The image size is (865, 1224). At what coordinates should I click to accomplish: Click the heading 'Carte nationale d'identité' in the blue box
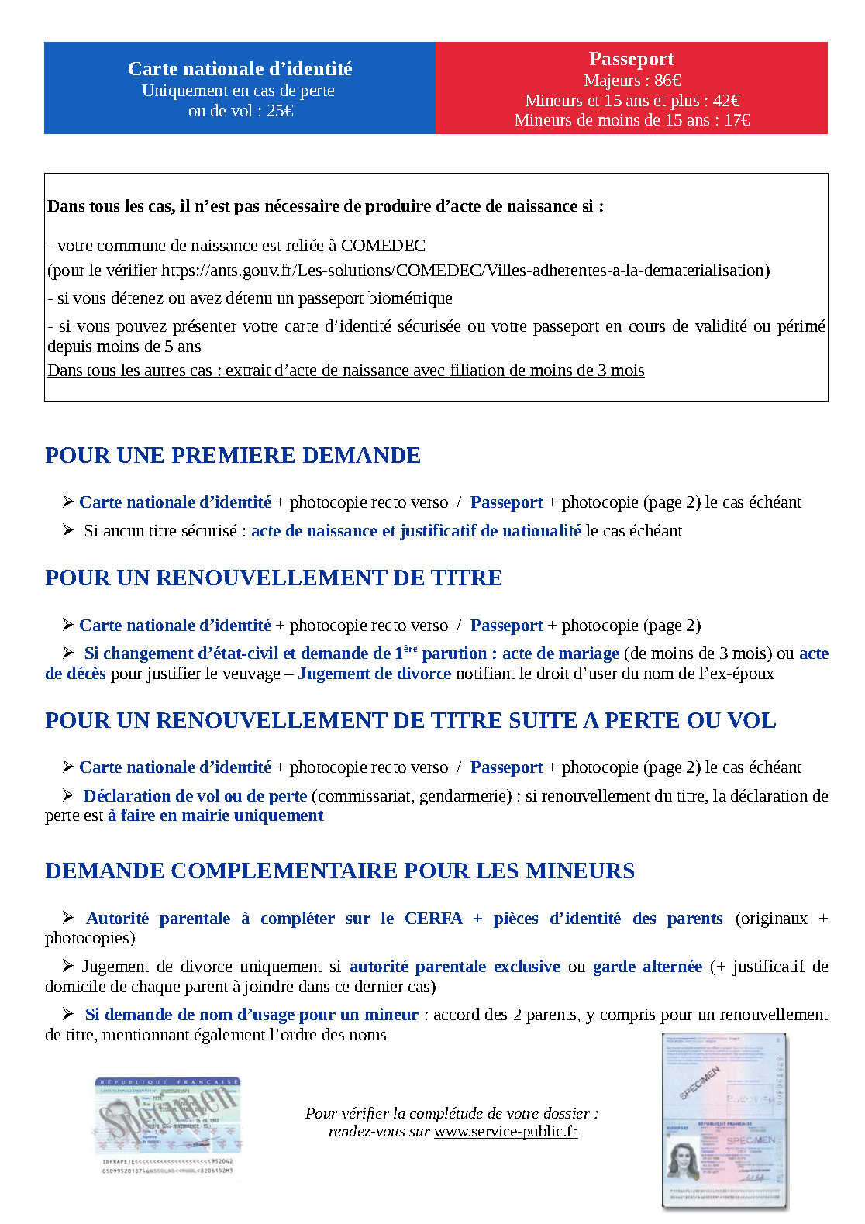[x=240, y=69]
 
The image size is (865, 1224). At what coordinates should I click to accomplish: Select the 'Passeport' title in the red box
[x=631, y=59]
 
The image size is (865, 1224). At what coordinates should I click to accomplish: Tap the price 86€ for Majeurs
[x=667, y=81]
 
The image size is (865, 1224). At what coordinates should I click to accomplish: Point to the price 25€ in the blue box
[x=280, y=111]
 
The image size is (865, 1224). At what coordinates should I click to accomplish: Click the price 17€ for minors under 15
[x=736, y=120]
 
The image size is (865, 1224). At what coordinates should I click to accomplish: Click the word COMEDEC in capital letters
[x=383, y=246]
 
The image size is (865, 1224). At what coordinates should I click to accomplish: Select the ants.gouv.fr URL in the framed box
[x=465, y=271]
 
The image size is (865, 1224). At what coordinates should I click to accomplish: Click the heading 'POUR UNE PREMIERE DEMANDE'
[x=233, y=455]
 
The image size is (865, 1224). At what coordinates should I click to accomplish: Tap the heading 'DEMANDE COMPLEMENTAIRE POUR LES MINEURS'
[x=339, y=871]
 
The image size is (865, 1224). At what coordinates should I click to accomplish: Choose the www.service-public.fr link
[x=505, y=1131]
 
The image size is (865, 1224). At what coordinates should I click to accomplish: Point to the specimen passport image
[x=724, y=1121]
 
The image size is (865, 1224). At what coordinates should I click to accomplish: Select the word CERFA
[x=433, y=919]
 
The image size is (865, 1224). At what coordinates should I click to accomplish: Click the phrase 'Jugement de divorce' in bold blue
[x=374, y=674]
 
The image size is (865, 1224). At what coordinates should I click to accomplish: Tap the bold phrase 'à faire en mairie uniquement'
[x=215, y=815]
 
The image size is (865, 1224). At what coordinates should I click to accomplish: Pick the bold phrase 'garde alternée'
[x=647, y=967]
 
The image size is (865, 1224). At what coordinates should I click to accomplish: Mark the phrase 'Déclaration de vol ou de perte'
[x=195, y=796]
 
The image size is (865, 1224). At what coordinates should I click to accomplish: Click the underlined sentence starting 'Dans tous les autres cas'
[x=346, y=371]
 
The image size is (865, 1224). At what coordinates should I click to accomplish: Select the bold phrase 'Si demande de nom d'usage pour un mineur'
[x=252, y=1015]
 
